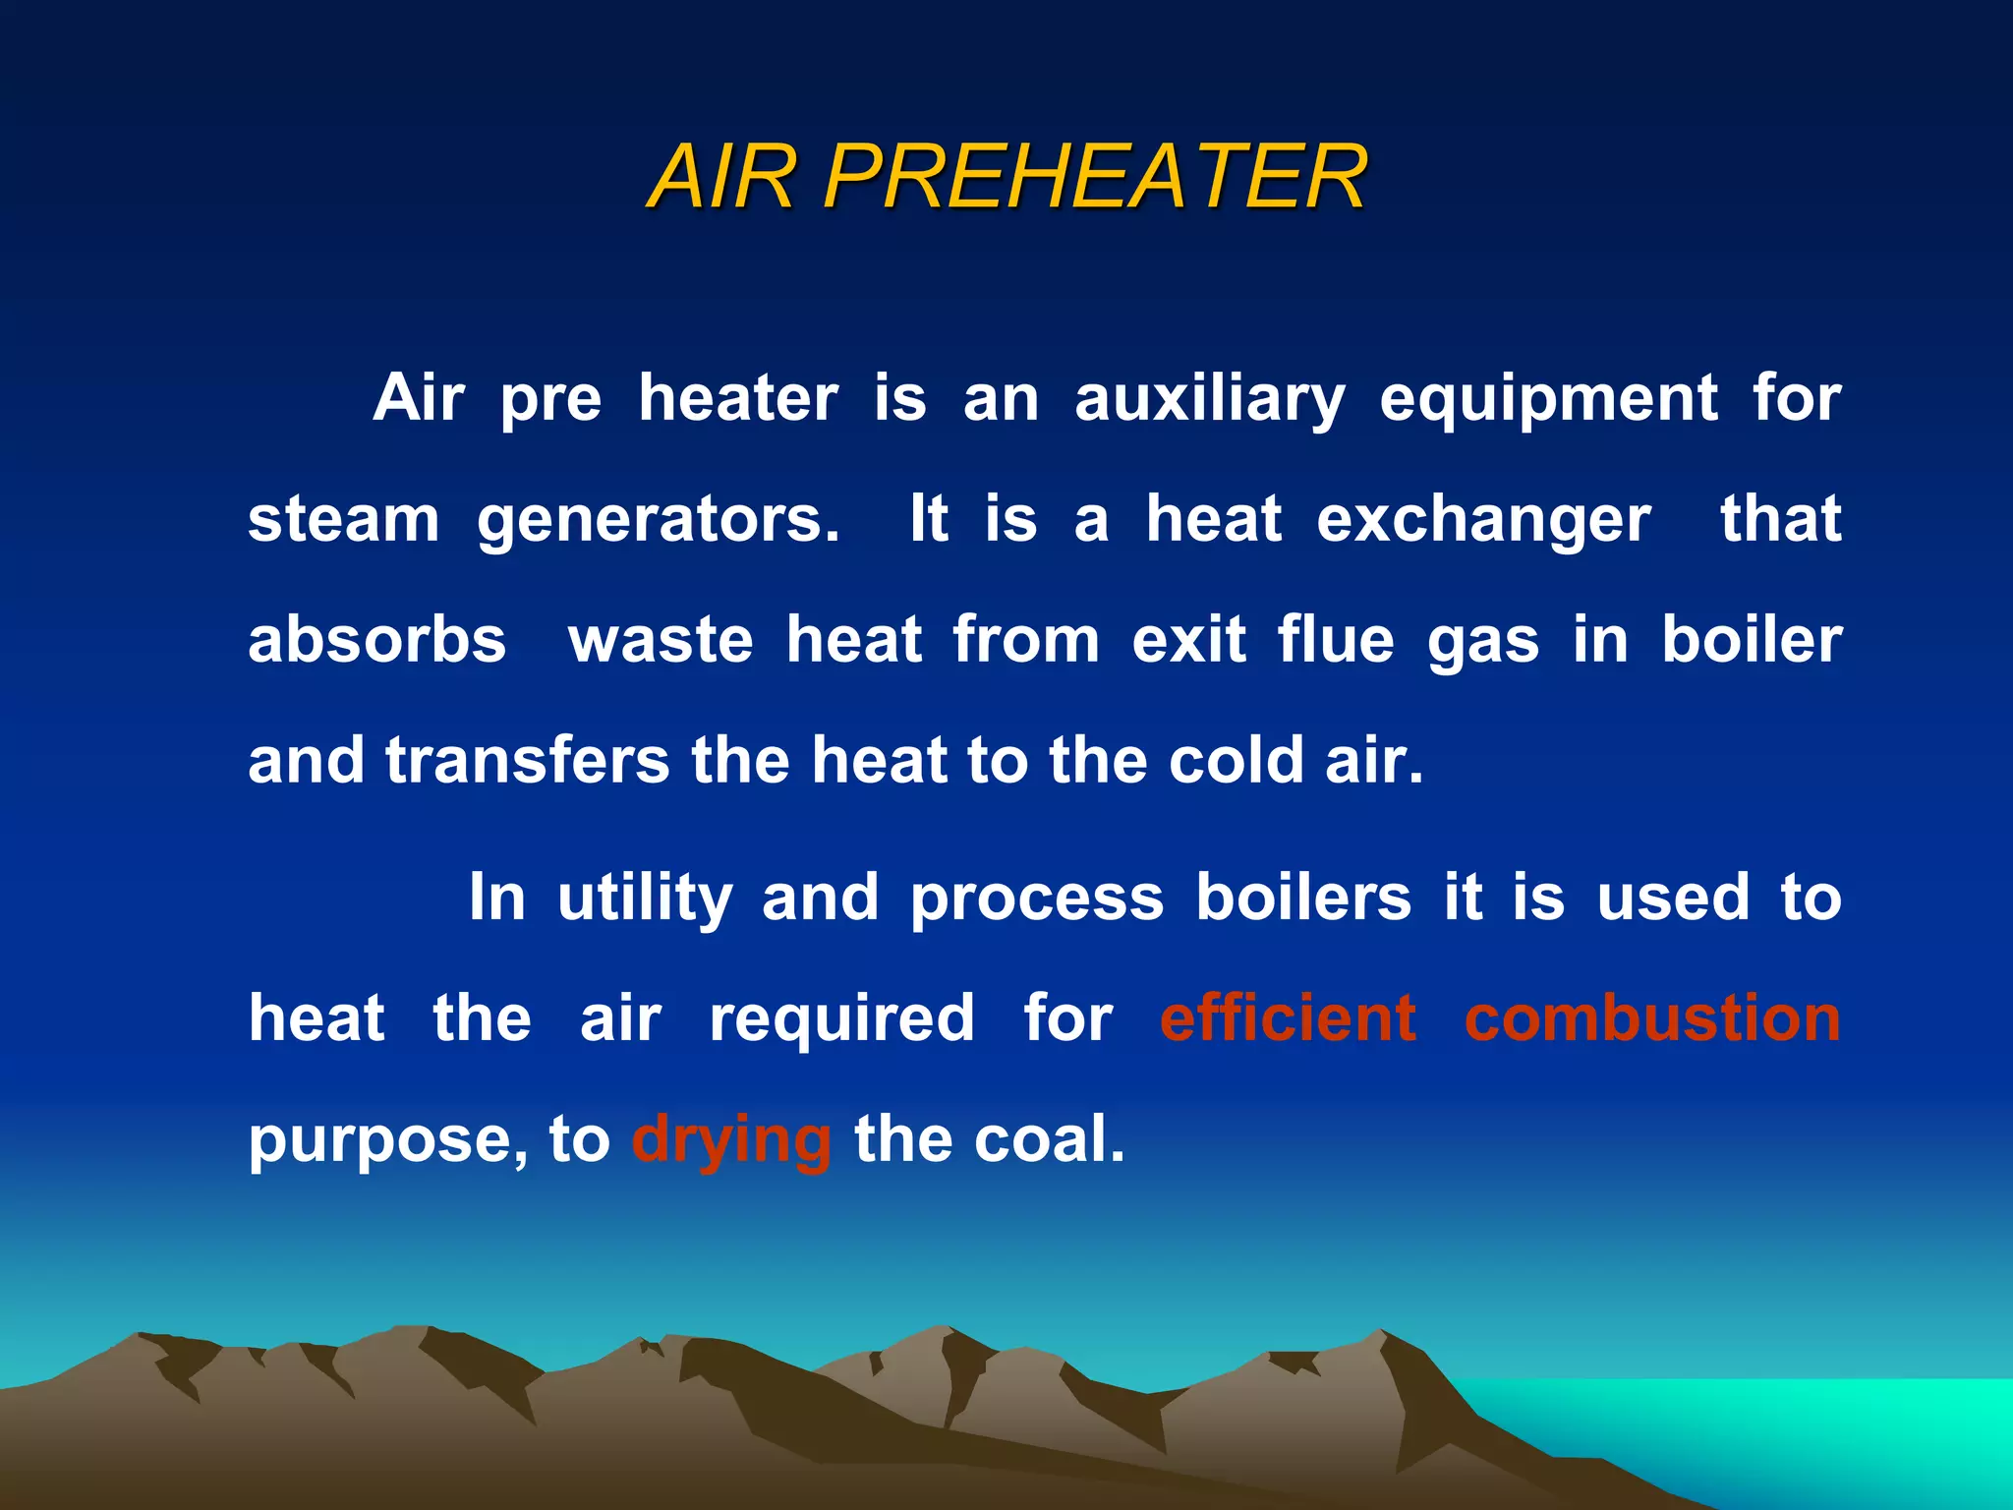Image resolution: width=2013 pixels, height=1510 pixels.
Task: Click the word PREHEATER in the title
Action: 1094,177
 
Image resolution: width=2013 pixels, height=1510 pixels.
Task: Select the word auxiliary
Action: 1209,400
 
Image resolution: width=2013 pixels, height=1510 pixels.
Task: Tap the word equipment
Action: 1549,400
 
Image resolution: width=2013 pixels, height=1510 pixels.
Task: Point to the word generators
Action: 658,521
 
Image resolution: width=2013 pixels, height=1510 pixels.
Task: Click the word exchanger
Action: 1483,521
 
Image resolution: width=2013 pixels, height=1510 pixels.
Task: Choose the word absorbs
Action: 376,640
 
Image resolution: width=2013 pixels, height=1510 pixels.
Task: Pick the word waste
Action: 661,640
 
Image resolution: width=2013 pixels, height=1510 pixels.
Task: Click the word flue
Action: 1336,640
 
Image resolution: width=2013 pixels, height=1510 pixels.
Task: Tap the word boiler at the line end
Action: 1752,640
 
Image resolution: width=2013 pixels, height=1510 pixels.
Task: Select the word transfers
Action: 528,760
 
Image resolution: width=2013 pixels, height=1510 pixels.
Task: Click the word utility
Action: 645,899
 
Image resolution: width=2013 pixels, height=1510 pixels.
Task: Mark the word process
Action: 1037,899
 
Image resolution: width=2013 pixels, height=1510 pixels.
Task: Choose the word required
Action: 842,1018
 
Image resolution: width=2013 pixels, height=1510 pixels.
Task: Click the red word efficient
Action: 1288,1018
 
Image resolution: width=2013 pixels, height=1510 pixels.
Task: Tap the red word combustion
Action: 1652,1018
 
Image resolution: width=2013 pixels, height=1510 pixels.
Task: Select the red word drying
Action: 731,1140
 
